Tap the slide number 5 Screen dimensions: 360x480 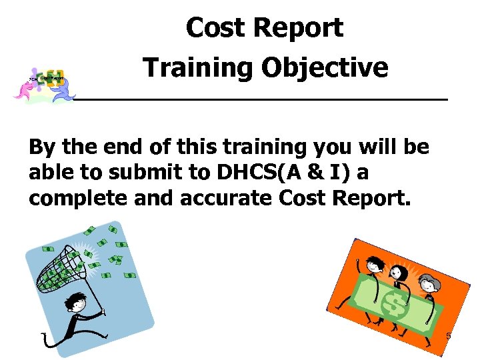click(448, 337)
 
